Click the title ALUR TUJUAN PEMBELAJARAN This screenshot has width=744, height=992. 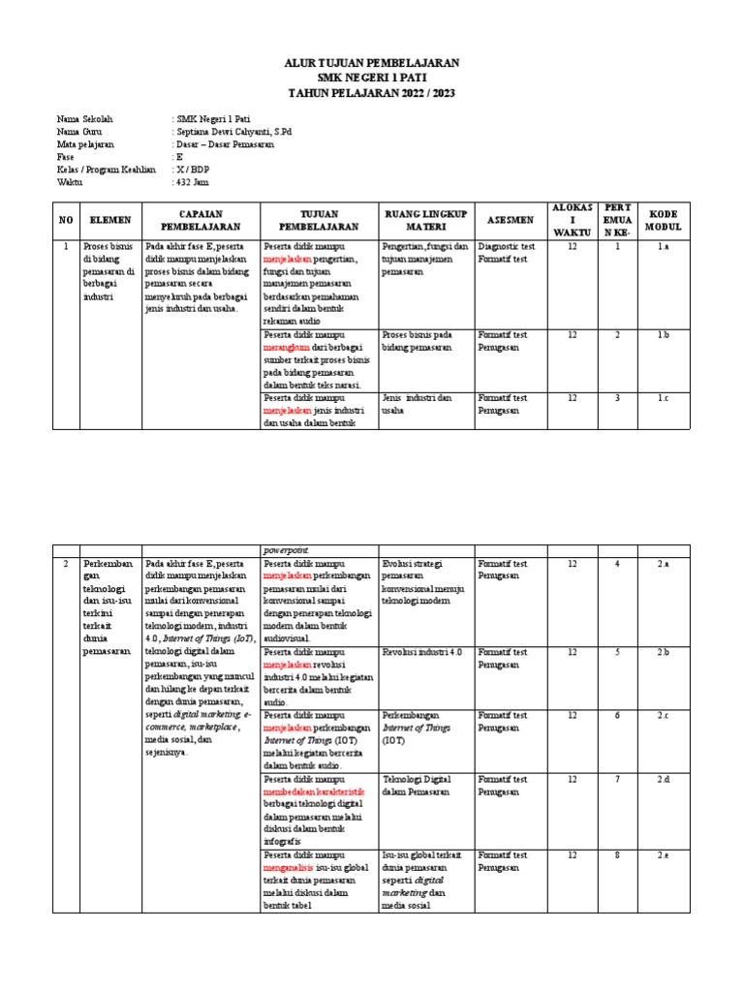(372, 62)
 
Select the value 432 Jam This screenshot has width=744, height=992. (192, 181)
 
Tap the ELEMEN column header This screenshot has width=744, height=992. (105, 221)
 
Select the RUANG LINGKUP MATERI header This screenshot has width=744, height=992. (424, 220)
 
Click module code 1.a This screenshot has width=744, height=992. (663, 247)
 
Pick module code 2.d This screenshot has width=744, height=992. (663, 780)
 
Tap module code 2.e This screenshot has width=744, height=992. (663, 855)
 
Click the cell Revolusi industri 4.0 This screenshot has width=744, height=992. (422, 653)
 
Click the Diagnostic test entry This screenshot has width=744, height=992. (503, 247)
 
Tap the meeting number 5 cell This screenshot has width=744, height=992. (617, 653)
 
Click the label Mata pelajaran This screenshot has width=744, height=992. (85, 143)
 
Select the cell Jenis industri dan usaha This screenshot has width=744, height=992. (417, 404)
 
